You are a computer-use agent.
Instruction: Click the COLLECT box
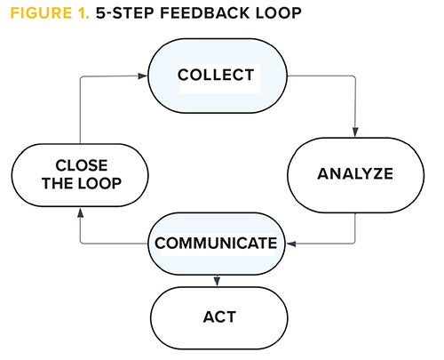coord(217,75)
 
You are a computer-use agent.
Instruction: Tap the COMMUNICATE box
coord(217,242)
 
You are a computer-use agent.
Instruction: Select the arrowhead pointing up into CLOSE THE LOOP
coord(81,212)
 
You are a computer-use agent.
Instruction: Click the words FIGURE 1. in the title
coord(46,15)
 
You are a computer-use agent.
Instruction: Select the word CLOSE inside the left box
coord(81,164)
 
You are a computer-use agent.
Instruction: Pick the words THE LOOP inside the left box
coord(81,184)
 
